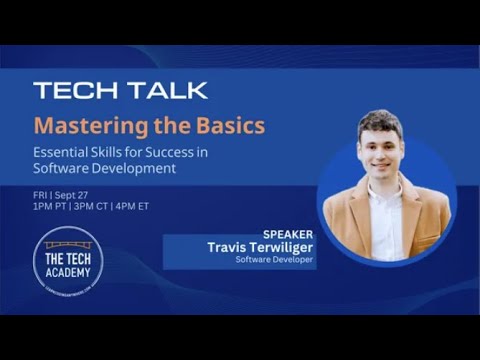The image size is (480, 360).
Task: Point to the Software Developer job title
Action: [x=275, y=260]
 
